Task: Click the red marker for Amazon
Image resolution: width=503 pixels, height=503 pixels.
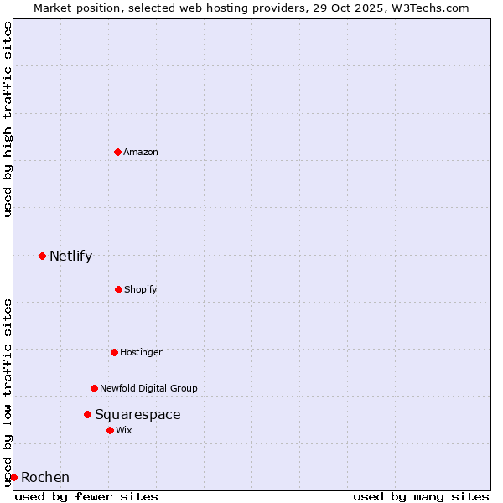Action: click(117, 152)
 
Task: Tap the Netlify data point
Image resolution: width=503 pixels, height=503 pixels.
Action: click(42, 256)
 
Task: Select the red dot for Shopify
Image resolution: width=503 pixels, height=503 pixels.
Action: click(118, 289)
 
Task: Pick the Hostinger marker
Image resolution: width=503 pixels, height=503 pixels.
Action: click(114, 352)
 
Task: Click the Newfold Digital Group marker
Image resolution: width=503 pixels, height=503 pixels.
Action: click(94, 388)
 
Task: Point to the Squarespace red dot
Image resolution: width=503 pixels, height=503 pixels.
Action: click(87, 414)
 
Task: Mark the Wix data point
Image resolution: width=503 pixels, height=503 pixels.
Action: click(110, 430)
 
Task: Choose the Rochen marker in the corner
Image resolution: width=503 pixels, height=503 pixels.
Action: click(13, 477)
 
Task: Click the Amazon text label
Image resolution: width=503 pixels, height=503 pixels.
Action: click(141, 152)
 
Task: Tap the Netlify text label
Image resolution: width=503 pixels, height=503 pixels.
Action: click(70, 256)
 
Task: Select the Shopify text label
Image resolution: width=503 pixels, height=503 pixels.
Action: click(141, 289)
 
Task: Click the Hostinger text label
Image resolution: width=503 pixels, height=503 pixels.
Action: click(141, 352)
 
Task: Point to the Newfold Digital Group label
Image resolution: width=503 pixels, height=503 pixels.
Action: click(148, 388)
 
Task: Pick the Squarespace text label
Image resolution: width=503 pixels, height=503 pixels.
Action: click(137, 414)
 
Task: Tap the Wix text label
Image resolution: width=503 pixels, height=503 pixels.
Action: click(124, 430)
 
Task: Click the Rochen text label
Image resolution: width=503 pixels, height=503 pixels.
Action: click(45, 477)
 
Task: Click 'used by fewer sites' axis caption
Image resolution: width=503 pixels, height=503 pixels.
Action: click(86, 496)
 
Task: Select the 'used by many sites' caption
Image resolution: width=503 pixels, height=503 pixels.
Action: click(421, 496)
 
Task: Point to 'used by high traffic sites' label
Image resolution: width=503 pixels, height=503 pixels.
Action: click(8, 119)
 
